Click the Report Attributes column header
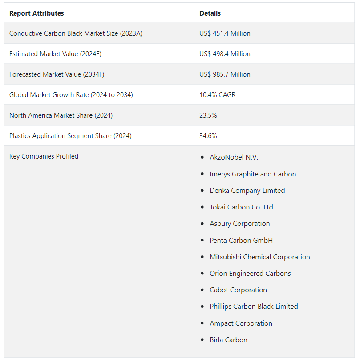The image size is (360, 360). click(36, 13)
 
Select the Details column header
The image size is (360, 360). click(210, 13)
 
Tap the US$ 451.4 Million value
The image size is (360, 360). click(225, 33)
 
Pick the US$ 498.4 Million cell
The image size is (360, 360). click(225, 54)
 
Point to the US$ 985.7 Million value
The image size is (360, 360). click(225, 74)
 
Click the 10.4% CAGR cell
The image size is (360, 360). click(218, 95)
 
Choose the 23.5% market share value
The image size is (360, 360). click(208, 115)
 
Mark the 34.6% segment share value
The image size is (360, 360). click(208, 136)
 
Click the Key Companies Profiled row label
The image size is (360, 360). click(44, 156)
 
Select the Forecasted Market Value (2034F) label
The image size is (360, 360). click(57, 74)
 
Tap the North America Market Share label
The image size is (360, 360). click(61, 115)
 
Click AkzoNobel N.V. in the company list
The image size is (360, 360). click(234, 157)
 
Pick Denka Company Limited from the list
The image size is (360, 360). click(247, 191)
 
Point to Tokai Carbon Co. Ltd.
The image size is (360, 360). click(242, 207)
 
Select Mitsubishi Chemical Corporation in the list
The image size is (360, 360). click(260, 257)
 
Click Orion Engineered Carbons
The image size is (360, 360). click(250, 274)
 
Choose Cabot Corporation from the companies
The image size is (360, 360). click(238, 290)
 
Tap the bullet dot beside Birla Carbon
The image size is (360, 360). click(202, 340)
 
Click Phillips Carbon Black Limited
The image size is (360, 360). click(254, 307)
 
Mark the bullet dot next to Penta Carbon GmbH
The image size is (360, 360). click(202, 241)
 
